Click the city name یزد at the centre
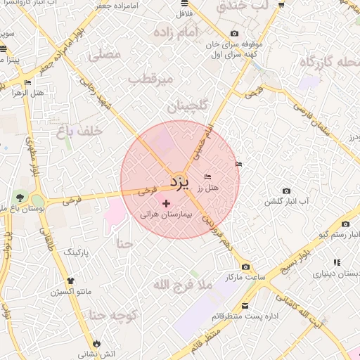click(x=179, y=183)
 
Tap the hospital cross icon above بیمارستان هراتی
click(x=166, y=203)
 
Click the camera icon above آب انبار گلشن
click(x=285, y=191)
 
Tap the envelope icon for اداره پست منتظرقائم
click(x=245, y=306)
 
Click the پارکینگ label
click(x=79, y=251)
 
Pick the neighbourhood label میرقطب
click(x=150, y=79)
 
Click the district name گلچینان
click(x=189, y=106)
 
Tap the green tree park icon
click(x=20, y=198)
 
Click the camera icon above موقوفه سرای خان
click(x=234, y=34)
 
